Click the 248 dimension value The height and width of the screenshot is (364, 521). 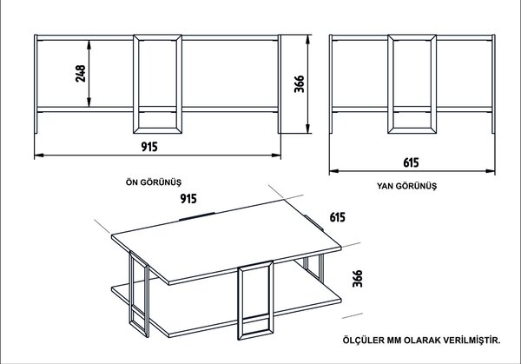[x=81, y=74]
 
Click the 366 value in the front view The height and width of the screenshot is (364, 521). [x=299, y=83]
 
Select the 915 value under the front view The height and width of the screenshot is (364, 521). [x=149, y=147]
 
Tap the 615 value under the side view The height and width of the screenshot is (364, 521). [x=411, y=162]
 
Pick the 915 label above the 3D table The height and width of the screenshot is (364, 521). [x=188, y=198]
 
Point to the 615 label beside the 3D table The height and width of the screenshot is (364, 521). [x=337, y=217]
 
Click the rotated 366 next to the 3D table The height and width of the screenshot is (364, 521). [x=358, y=279]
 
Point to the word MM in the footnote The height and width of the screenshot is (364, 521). [x=392, y=341]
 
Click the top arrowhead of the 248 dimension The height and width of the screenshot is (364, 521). [x=89, y=44]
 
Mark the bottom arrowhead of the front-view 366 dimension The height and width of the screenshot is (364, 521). [x=307, y=129]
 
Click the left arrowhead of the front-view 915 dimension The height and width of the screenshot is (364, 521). [x=39, y=155]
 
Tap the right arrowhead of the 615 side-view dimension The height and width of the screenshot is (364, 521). [x=491, y=171]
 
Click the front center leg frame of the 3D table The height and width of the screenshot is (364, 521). [x=255, y=301]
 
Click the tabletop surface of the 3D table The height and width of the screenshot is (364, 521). [x=226, y=241]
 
